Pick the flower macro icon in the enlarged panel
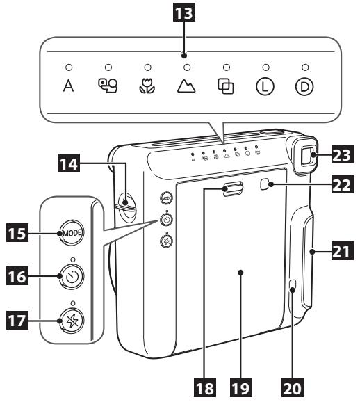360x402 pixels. pos(147,89)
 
